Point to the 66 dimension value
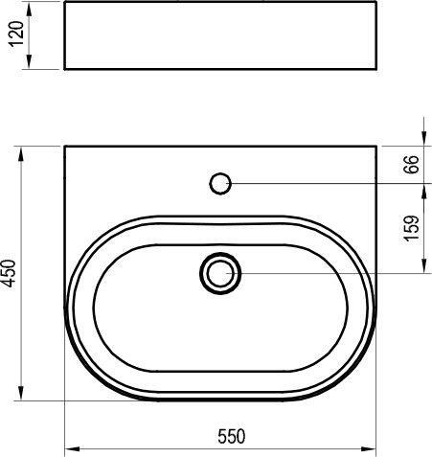tap(412, 164)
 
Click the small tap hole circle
tap(221, 182)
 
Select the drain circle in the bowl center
tap(221, 273)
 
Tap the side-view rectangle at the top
tap(221, 37)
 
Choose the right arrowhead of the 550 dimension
tap(374, 447)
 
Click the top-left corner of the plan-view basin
tap(64, 146)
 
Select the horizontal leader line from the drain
tap(326, 273)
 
